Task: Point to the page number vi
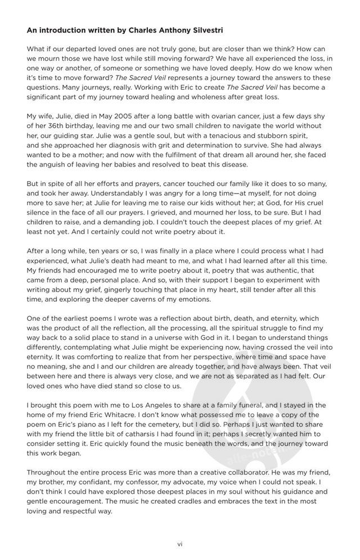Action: (x=180, y=544)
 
